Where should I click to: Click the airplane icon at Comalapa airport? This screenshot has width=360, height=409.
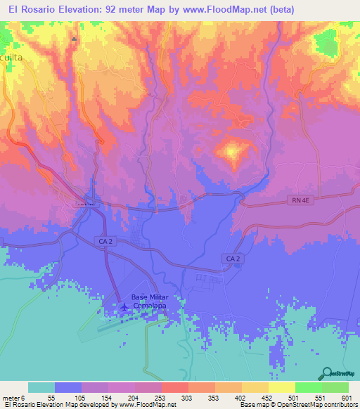(x=125, y=306)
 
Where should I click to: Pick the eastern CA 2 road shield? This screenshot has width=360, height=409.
(x=233, y=259)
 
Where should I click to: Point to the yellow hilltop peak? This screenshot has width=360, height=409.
(x=231, y=151)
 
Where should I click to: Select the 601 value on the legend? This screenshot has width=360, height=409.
(x=346, y=398)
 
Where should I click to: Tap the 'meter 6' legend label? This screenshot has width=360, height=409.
(x=14, y=398)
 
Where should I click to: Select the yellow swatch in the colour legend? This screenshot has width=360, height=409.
(x=281, y=387)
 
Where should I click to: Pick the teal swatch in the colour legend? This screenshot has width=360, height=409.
(x=41, y=387)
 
